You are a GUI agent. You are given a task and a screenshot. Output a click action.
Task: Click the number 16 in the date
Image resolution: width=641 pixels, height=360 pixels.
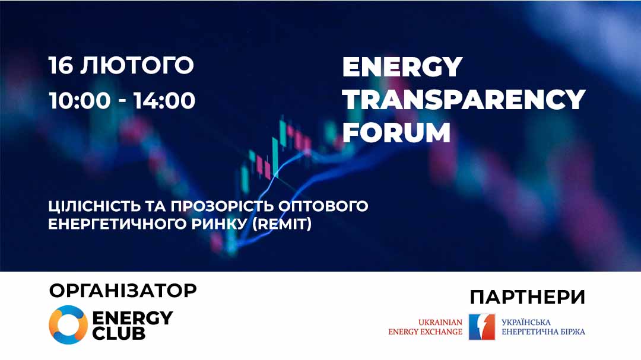click(61, 65)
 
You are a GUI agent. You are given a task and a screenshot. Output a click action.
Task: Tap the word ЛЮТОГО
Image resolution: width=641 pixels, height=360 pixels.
click(137, 65)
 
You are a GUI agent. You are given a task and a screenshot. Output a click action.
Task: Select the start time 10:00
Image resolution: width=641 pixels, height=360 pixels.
click(80, 101)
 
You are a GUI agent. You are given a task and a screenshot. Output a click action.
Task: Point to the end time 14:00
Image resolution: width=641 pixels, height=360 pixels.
click(164, 101)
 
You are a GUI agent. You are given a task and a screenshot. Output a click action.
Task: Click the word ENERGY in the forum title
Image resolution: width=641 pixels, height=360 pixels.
click(402, 66)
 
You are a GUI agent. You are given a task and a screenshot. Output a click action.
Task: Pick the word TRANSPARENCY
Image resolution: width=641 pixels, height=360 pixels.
click(464, 100)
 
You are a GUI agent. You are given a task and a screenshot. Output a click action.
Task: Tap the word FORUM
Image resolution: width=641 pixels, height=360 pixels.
click(396, 132)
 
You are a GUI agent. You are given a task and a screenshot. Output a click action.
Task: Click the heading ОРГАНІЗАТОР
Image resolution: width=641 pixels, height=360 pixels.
click(123, 291)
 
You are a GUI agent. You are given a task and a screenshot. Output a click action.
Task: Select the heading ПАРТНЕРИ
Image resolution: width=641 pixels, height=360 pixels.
click(528, 297)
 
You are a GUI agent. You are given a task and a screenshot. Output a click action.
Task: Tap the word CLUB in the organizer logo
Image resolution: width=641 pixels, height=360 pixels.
click(119, 333)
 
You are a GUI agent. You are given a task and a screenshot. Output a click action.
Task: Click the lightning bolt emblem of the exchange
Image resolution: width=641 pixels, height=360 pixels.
click(482, 327)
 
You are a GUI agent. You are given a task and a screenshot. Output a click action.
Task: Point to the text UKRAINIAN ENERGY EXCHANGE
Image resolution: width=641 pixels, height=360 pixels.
click(425, 327)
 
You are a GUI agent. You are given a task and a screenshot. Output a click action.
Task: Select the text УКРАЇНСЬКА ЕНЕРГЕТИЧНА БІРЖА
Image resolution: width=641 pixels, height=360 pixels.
click(543, 327)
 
